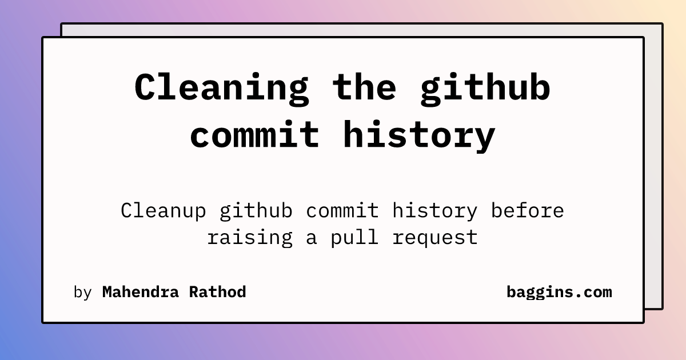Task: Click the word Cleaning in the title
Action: pyautogui.click(x=221, y=89)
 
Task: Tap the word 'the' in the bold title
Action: pyautogui.click(x=365, y=87)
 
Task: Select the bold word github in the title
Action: pyautogui.click(x=486, y=89)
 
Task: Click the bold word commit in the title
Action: pyautogui.click(x=254, y=134)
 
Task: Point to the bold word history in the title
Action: pyautogui.click(x=419, y=137)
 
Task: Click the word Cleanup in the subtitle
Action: pyautogui.click(x=163, y=211)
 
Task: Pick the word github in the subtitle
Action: pyautogui.click(x=256, y=211)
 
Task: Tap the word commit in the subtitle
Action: pyautogui.click(x=342, y=210)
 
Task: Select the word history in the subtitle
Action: pyautogui.click(x=435, y=211)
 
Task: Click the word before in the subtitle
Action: pyautogui.click(x=528, y=210)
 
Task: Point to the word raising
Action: pyautogui.click(x=250, y=238)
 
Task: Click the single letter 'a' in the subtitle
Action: pyautogui.click(x=311, y=239)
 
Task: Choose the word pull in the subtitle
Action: pyautogui.click(x=354, y=238)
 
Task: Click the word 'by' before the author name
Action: pyautogui.click(x=83, y=293)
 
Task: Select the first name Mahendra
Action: pyautogui.click(x=140, y=292)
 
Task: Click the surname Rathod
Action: pyautogui.click(x=217, y=292)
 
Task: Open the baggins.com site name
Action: pyautogui.click(x=559, y=293)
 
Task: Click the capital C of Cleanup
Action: pyautogui.click(x=126, y=210)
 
